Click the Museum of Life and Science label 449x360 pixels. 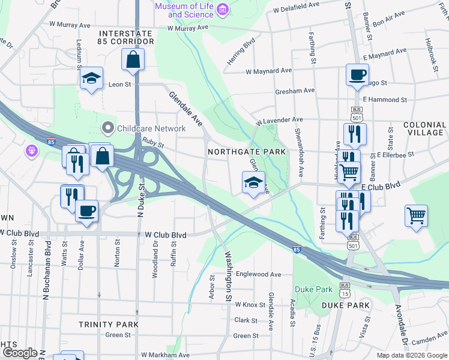tap(184, 10)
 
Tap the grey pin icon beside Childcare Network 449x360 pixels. tap(107, 128)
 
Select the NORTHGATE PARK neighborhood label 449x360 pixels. tap(247, 152)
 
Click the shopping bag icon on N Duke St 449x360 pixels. tap(133, 59)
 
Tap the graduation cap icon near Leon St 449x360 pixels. tap(92, 79)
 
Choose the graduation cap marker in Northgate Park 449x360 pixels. tap(253, 181)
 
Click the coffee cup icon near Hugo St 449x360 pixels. tap(357, 75)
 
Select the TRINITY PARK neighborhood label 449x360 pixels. tap(109, 324)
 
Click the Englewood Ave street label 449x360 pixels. tap(258, 274)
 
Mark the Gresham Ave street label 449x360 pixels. tap(295, 91)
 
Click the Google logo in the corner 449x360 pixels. tap(19, 353)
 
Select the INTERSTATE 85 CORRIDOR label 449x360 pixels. tap(127, 37)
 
